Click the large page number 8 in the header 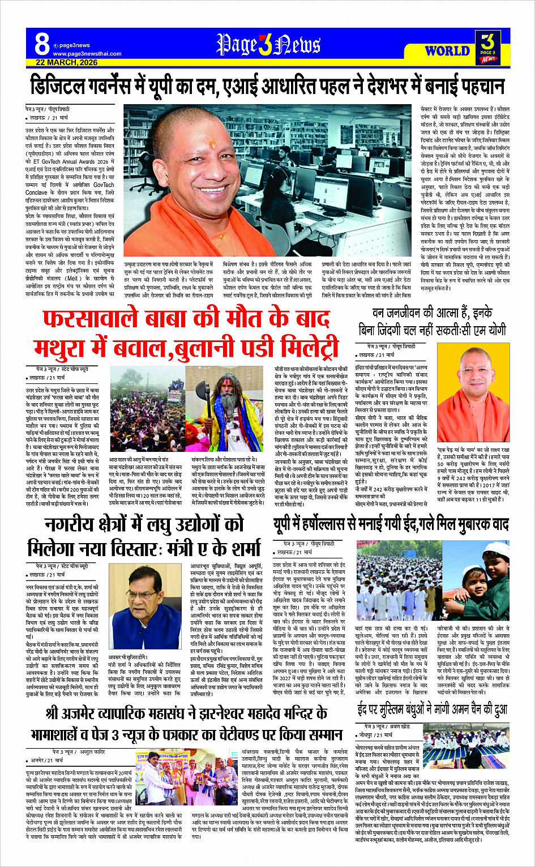click(x=41, y=45)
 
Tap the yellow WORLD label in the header click(x=447, y=50)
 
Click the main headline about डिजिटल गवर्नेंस click(x=267, y=87)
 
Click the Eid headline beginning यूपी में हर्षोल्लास click(x=391, y=524)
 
